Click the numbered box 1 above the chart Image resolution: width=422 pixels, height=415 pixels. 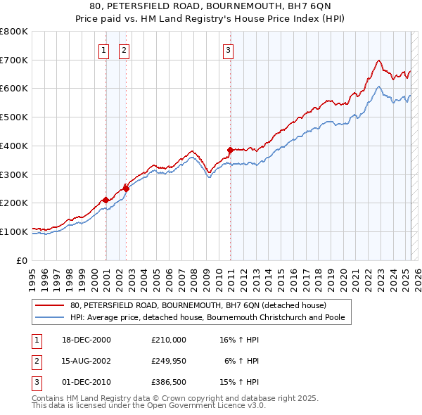click(x=104, y=50)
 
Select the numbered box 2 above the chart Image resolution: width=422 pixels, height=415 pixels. click(x=124, y=50)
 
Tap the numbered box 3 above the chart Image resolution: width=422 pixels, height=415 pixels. click(x=229, y=50)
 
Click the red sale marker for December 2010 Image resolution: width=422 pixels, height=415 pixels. click(x=230, y=149)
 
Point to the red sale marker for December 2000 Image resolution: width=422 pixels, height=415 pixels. click(x=105, y=200)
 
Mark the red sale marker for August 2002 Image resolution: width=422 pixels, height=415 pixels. click(x=127, y=188)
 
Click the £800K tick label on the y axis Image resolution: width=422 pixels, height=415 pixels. click(x=14, y=32)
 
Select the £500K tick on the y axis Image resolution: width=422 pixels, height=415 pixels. click(x=14, y=117)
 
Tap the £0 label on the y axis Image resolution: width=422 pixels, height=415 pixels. click(x=21, y=260)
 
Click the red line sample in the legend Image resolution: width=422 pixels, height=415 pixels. click(x=51, y=306)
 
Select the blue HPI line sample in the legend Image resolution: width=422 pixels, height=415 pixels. click(x=51, y=317)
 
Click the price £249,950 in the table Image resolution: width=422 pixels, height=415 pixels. click(x=169, y=361)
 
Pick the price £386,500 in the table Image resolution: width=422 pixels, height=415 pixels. click(x=169, y=382)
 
